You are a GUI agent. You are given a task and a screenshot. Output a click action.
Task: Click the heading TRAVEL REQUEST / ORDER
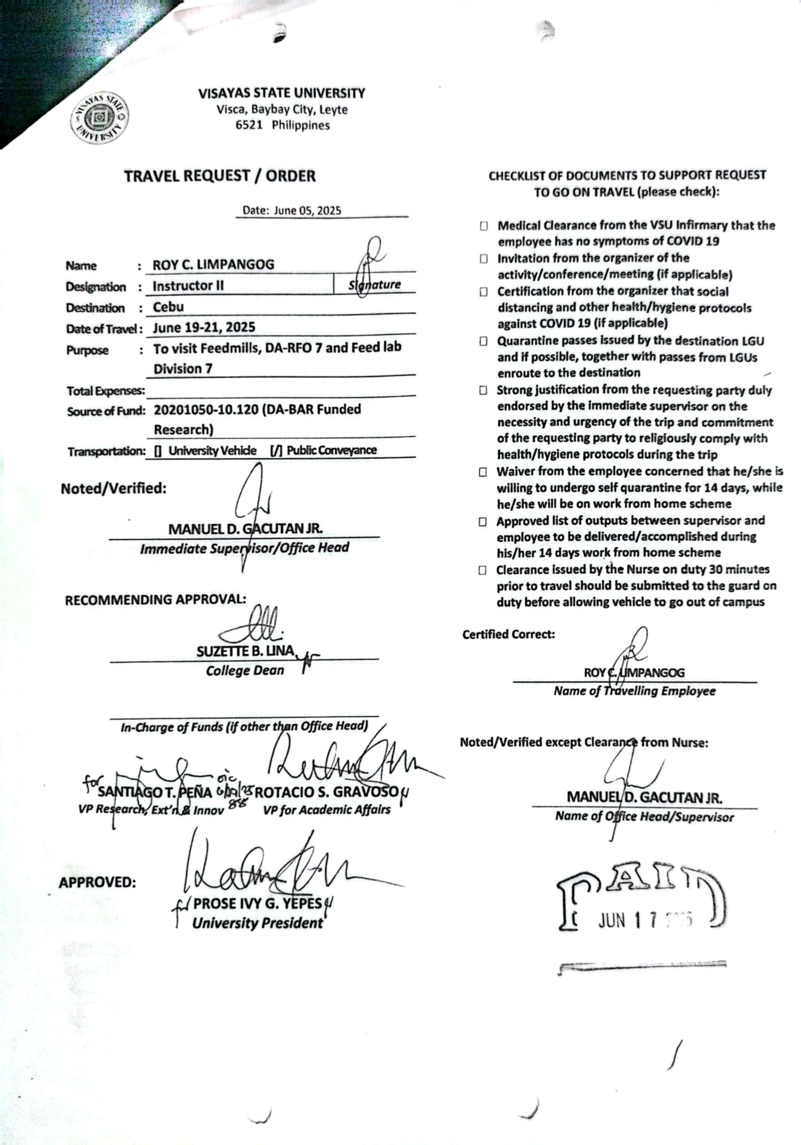coord(220,176)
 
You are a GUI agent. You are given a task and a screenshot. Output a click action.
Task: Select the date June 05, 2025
coord(307,210)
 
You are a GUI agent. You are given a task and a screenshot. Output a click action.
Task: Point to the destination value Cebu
coord(168,307)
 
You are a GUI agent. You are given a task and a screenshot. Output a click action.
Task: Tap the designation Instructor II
coord(188,286)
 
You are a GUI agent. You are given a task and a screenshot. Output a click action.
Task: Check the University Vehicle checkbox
coord(158,451)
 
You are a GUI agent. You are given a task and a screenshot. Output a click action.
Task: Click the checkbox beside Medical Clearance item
coord(483,226)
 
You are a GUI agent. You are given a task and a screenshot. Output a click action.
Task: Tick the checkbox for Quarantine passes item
coord(483,341)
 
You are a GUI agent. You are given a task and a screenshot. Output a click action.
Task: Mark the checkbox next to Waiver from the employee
coord(483,472)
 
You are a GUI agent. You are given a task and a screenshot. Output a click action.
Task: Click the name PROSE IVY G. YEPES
coord(257,903)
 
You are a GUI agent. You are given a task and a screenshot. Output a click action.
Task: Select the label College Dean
coord(245,670)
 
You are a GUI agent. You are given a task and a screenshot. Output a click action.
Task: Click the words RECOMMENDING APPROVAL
coord(155,599)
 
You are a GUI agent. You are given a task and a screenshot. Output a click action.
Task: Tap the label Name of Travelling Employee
coord(634,691)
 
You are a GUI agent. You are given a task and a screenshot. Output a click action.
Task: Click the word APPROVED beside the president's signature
coord(97,882)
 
